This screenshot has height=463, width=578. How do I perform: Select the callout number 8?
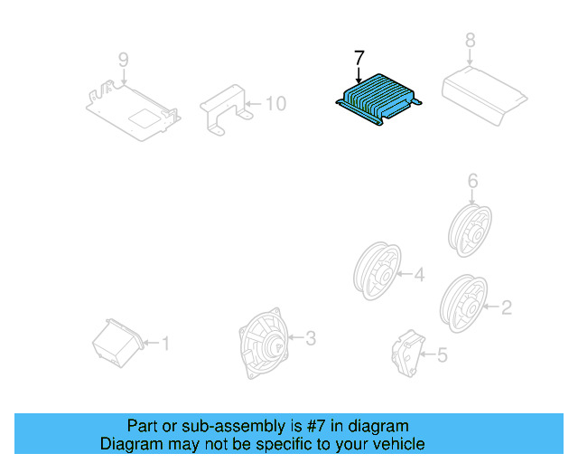pos(470,40)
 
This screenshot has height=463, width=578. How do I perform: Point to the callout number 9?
pos(124,61)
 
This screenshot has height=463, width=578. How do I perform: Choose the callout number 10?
pos(275,104)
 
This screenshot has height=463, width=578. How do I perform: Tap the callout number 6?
pos(471,183)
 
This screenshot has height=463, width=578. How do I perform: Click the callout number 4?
pos(419,274)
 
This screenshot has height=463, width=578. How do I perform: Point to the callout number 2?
pos(506,308)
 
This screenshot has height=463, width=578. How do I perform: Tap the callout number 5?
pos(442,356)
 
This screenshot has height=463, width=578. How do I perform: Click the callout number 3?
pos(310,339)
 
